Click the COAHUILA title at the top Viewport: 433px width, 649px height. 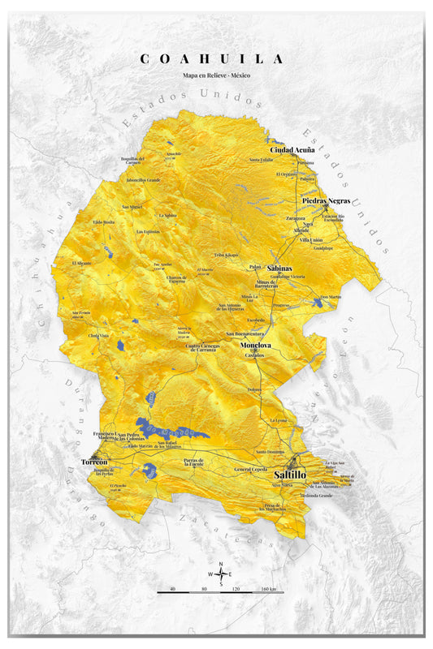pyautogui.click(x=212, y=58)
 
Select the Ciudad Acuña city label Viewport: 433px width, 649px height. pyautogui.click(x=292, y=150)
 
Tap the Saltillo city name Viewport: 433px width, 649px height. pyautogui.click(x=290, y=474)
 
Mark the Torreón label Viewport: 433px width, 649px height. pyautogui.click(x=94, y=462)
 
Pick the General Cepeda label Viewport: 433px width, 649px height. pyautogui.click(x=250, y=470)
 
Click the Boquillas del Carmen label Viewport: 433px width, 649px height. pyautogui.click(x=132, y=160)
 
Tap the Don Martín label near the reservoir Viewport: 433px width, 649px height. pyautogui.click(x=331, y=297)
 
